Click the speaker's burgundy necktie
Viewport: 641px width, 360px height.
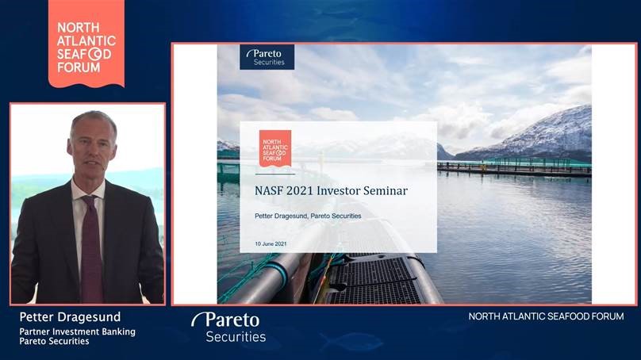tap(91, 249)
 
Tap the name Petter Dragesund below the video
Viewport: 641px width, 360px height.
tap(70, 317)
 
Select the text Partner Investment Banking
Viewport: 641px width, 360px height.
tap(77, 331)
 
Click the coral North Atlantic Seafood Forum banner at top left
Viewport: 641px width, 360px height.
tap(86, 44)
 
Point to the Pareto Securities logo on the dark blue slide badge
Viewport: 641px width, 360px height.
tap(267, 57)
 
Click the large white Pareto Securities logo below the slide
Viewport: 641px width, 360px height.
tap(229, 327)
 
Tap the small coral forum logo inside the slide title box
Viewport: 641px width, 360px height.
tap(275, 148)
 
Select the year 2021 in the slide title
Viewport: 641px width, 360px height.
tap(300, 191)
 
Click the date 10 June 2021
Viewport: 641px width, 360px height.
tap(271, 244)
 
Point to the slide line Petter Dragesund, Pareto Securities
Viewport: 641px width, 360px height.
tap(308, 216)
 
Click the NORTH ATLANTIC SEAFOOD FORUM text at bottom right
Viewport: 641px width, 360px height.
tap(546, 316)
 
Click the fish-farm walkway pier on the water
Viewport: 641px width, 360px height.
tap(514, 168)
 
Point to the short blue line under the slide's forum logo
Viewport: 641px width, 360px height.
tap(275, 174)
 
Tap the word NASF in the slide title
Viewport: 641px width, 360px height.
tap(269, 191)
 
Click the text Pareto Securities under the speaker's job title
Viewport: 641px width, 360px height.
tap(54, 341)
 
